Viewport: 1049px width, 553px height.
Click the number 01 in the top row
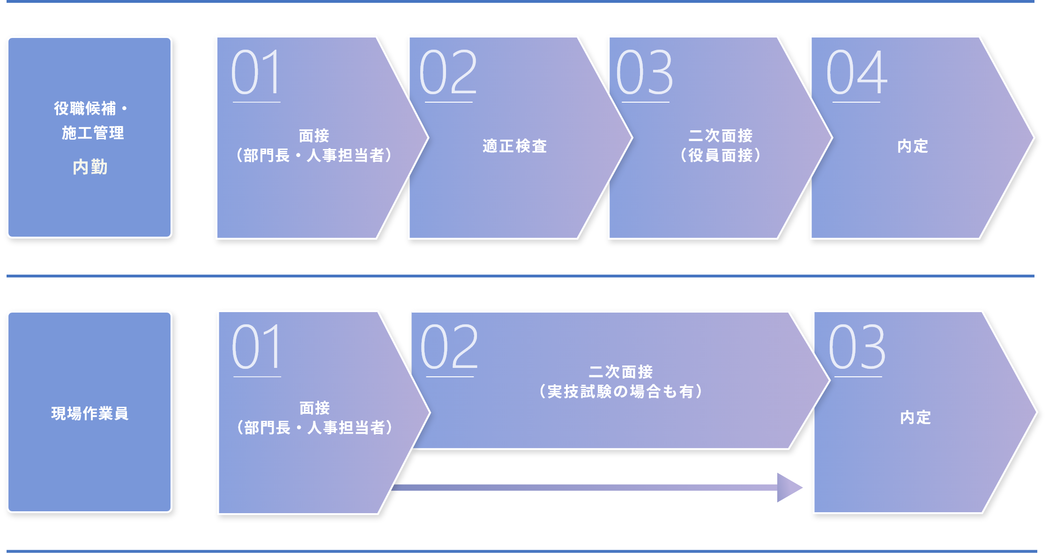pyautogui.click(x=256, y=72)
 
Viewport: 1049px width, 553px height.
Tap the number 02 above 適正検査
pyautogui.click(x=448, y=72)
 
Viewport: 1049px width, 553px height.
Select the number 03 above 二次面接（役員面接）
pyautogui.click(x=644, y=72)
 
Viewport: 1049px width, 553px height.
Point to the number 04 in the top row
pyautogui.click(x=856, y=72)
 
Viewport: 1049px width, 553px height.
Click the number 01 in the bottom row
pyautogui.click(x=257, y=347)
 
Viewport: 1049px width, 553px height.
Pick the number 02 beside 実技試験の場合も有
pyautogui.click(x=449, y=347)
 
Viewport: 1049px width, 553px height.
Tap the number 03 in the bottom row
pyautogui.click(x=857, y=347)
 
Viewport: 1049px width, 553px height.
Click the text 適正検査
pyautogui.click(x=514, y=146)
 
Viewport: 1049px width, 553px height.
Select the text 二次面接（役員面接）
pyautogui.click(x=720, y=145)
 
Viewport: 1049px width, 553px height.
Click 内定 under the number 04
pyautogui.click(x=912, y=146)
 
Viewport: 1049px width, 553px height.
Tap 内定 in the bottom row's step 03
pyautogui.click(x=915, y=417)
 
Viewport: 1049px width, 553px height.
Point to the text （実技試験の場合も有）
pyautogui.click(x=620, y=391)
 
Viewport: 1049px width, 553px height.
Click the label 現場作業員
pyautogui.click(x=89, y=413)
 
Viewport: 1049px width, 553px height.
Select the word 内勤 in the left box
pyautogui.click(x=90, y=167)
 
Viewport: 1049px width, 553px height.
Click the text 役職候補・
pyautogui.click(x=90, y=108)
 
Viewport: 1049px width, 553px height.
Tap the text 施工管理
pyautogui.click(x=93, y=133)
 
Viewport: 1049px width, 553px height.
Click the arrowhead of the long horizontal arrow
pyautogui.click(x=789, y=487)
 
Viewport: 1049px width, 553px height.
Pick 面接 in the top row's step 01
pyautogui.click(x=314, y=135)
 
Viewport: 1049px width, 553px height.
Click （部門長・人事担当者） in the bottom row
pyautogui.click(x=314, y=427)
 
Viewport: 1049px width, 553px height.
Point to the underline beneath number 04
pyautogui.click(x=856, y=102)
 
